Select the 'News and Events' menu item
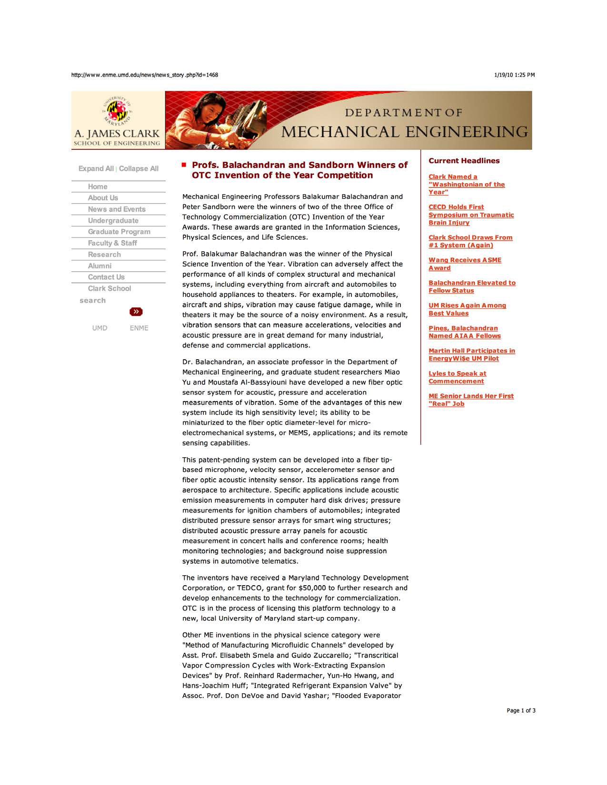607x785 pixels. [x=117, y=209]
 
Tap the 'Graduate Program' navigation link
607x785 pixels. [x=119, y=232]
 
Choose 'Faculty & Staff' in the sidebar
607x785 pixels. [x=112, y=243]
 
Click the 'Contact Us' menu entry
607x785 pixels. [x=106, y=277]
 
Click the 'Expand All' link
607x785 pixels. [x=96, y=169]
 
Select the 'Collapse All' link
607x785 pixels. [x=139, y=169]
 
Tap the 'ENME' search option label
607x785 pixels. [x=139, y=328]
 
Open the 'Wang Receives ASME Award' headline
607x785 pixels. [x=465, y=264]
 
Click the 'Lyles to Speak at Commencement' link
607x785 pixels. [x=457, y=377]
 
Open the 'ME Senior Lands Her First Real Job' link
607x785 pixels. [x=471, y=400]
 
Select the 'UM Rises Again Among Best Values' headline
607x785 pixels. [x=467, y=309]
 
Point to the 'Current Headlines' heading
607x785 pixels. [x=464, y=161]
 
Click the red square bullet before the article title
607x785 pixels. [x=183, y=165]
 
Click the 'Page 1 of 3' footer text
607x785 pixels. [x=521, y=711]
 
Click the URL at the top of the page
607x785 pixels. [x=144, y=75]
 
